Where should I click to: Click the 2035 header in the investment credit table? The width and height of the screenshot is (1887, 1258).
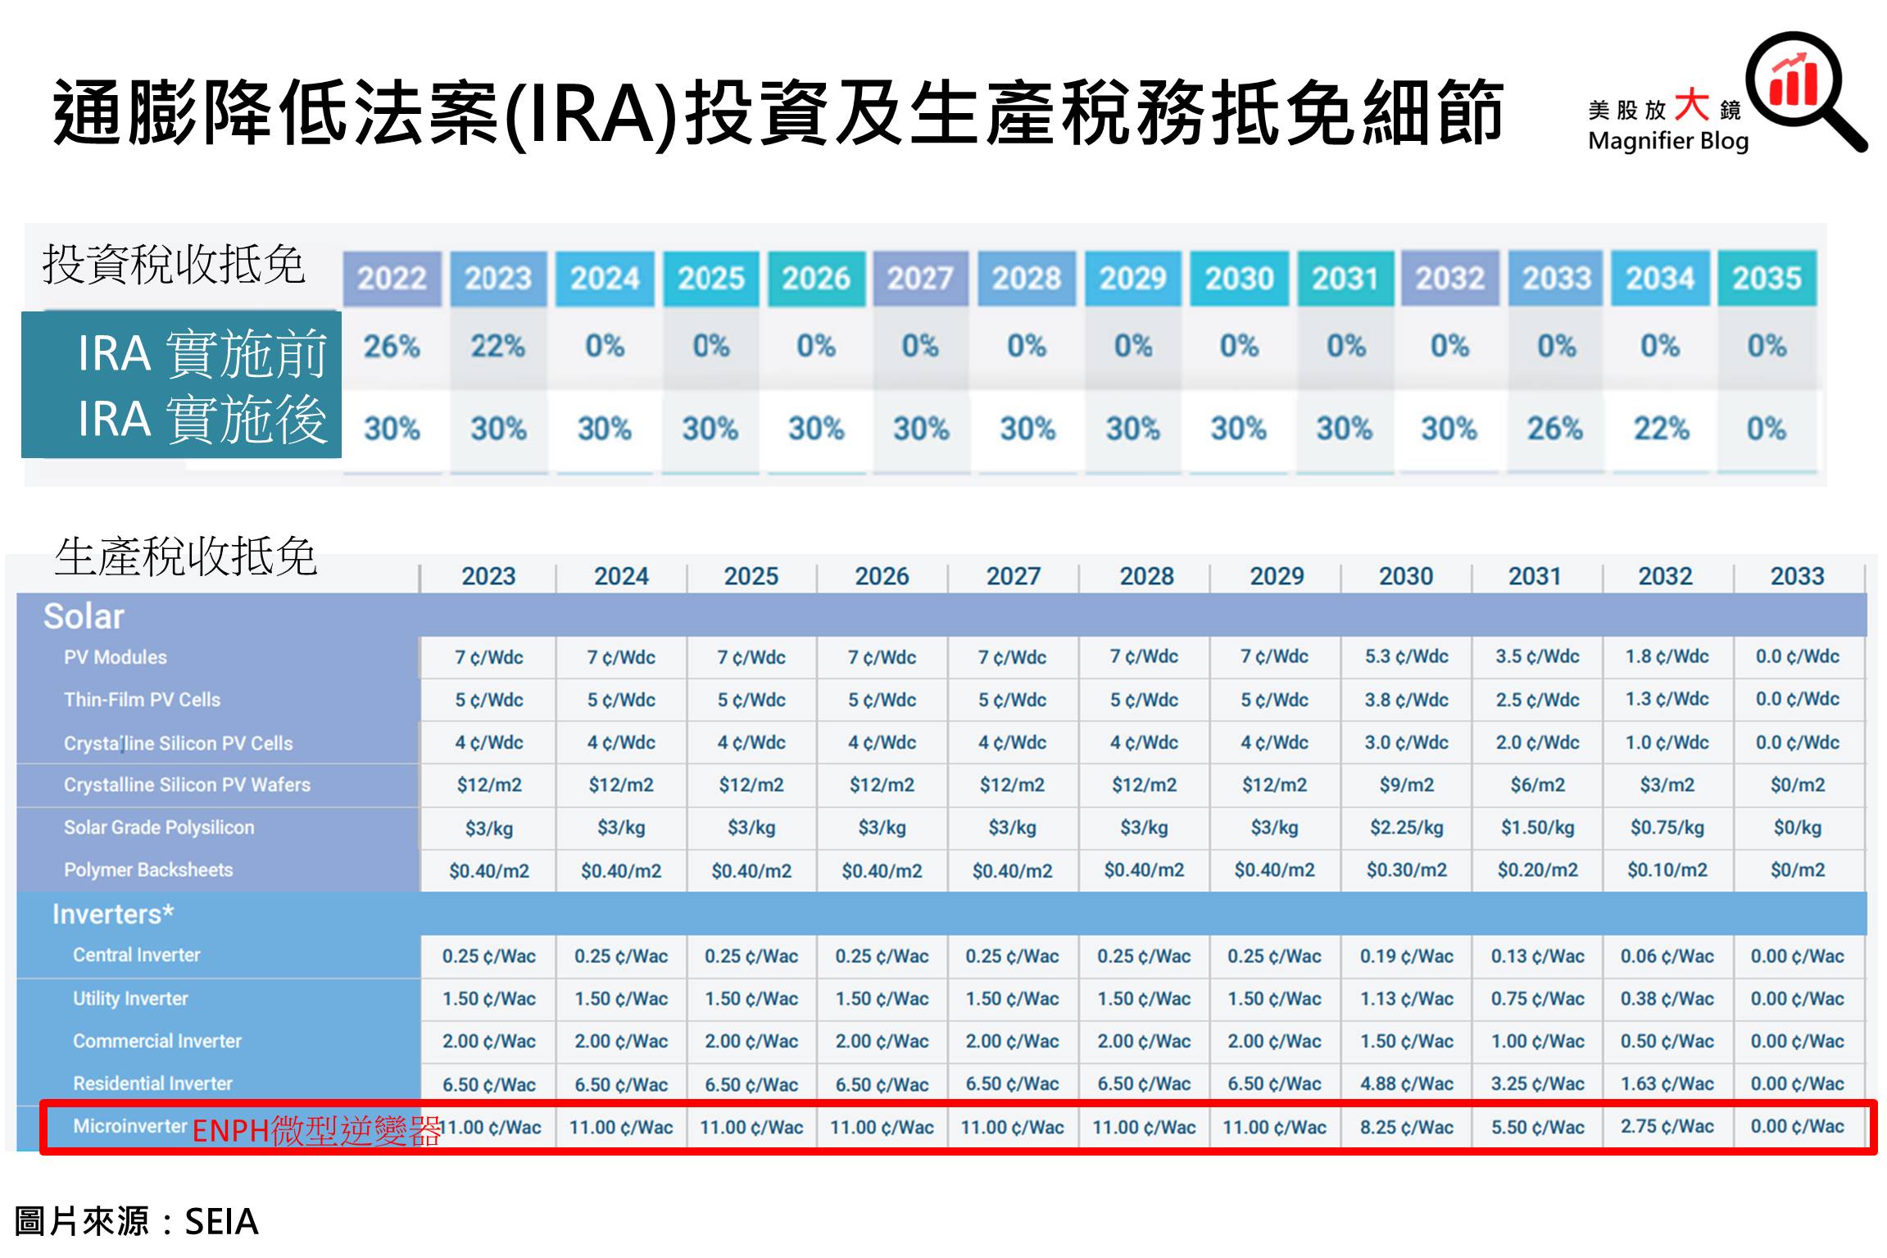point(1767,279)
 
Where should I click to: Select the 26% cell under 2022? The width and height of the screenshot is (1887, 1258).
point(392,347)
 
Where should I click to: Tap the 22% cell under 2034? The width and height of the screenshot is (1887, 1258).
point(1661,428)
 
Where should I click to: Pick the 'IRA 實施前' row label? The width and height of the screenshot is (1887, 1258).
point(202,353)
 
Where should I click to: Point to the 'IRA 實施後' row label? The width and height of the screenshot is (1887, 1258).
point(202,419)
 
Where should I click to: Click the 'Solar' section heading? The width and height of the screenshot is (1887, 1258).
point(84,616)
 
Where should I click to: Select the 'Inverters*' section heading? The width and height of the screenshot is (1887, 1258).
point(112,914)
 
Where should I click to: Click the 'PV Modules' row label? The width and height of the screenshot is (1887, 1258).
point(116,657)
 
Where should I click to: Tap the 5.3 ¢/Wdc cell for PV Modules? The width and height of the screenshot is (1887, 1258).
point(1406,656)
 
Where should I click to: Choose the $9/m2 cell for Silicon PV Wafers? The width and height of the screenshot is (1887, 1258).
point(1406,785)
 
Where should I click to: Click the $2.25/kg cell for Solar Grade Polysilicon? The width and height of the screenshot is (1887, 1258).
point(1406,828)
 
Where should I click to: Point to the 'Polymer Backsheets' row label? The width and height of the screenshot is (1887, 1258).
point(148,870)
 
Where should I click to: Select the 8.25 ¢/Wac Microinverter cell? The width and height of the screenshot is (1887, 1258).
point(1406,1127)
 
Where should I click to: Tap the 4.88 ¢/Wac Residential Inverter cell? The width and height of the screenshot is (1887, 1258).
point(1406,1083)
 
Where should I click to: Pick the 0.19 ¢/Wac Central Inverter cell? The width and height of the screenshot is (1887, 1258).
point(1406,956)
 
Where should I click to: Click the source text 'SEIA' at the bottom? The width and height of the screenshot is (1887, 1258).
point(221,1222)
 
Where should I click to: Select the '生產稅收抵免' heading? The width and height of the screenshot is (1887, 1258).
point(186,557)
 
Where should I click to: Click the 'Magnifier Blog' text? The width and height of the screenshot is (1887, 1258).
point(1668,142)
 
